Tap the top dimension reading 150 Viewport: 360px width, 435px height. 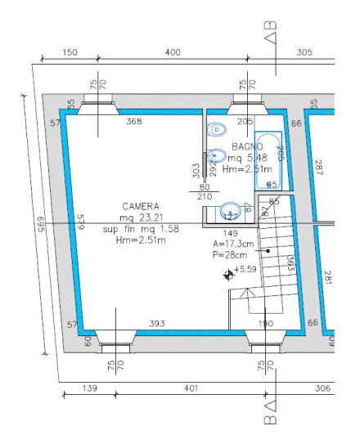coord(70,52)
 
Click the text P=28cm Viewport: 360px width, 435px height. coord(230,254)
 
